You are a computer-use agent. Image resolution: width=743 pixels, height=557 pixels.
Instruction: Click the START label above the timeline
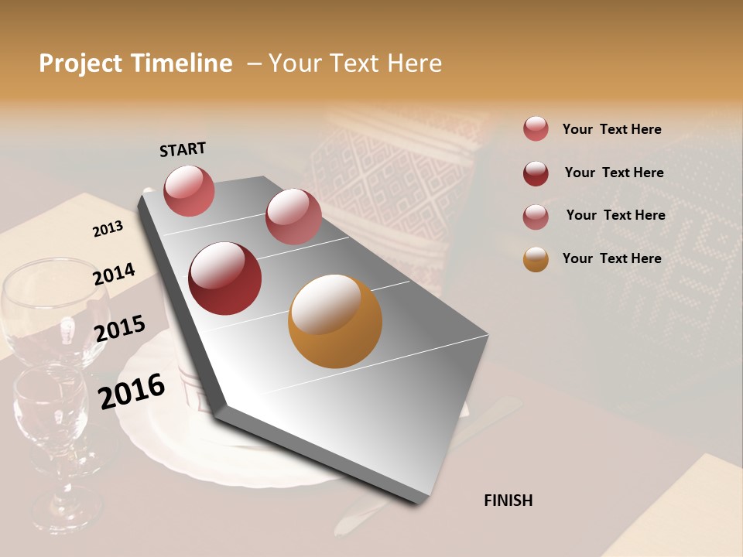[x=183, y=149]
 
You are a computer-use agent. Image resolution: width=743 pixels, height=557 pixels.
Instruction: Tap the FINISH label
[x=508, y=501]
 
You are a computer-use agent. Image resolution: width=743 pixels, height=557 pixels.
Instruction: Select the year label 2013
[x=108, y=229]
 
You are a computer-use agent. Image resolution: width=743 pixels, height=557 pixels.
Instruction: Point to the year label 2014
[x=114, y=275]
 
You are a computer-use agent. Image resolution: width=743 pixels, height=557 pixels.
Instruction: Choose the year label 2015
[x=119, y=329]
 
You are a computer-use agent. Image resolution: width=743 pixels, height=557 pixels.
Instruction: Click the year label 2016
[x=132, y=391]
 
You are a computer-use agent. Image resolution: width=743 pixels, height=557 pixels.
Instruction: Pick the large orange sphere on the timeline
[x=334, y=321]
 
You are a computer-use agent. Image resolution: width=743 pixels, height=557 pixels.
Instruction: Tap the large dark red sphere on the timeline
[x=225, y=278]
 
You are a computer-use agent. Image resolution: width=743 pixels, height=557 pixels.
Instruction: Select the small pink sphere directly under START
[x=189, y=190]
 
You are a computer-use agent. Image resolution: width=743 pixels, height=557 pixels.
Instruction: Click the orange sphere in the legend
[x=536, y=259]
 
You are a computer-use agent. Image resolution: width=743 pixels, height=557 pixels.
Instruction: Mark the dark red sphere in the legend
[x=536, y=173]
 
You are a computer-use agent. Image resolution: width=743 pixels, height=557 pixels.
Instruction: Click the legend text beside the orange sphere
[x=611, y=258]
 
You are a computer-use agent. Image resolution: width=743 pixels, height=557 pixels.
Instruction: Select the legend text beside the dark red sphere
[x=614, y=173]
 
